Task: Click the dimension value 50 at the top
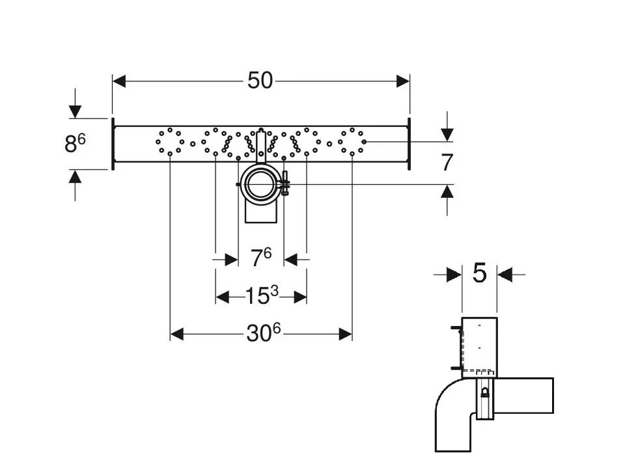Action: pos(260,81)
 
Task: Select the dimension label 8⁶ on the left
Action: pos(75,143)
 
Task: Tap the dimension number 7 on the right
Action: pos(447,162)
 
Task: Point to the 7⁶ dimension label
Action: pos(260,258)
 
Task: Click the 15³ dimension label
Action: pos(261,297)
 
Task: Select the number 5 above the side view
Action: pos(479,274)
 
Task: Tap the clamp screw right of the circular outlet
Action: pos(285,184)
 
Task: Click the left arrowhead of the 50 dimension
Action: pos(118,81)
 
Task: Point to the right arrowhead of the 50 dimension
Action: pos(403,81)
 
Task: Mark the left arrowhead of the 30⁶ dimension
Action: pos(176,334)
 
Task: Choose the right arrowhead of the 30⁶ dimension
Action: pos(345,334)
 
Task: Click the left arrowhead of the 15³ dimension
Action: pos(222,297)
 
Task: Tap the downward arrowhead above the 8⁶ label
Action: pos(76,112)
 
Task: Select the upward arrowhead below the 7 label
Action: pos(447,191)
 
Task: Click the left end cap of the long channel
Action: pos(113,144)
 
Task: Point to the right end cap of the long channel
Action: pos(409,144)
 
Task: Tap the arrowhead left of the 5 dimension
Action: pos(455,275)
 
